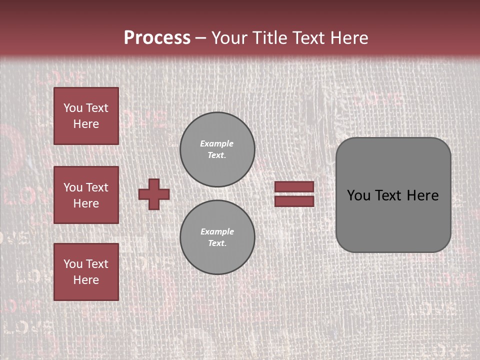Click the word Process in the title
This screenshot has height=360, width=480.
pyautogui.click(x=157, y=38)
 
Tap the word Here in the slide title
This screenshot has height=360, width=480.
pyautogui.click(x=346, y=38)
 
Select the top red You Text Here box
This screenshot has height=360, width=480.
pyautogui.click(x=86, y=116)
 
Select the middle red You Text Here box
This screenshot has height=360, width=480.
pyautogui.click(x=86, y=195)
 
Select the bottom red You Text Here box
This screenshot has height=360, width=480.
pyautogui.click(x=86, y=271)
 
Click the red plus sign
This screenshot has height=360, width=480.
pyautogui.click(x=154, y=194)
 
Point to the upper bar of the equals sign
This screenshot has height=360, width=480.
pyautogui.click(x=294, y=186)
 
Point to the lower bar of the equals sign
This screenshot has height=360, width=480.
pyautogui.click(x=294, y=201)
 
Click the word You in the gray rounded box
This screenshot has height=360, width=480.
pyautogui.click(x=358, y=195)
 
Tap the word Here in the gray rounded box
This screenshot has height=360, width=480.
pyautogui.click(x=422, y=195)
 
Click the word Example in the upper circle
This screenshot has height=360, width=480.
pyautogui.click(x=217, y=143)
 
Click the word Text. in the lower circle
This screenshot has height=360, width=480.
pyautogui.click(x=217, y=243)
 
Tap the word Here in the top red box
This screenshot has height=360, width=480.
pyautogui.click(x=86, y=124)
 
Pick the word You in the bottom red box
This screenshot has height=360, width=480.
pyautogui.click(x=73, y=263)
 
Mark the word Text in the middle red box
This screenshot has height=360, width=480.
pyautogui.click(x=97, y=187)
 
